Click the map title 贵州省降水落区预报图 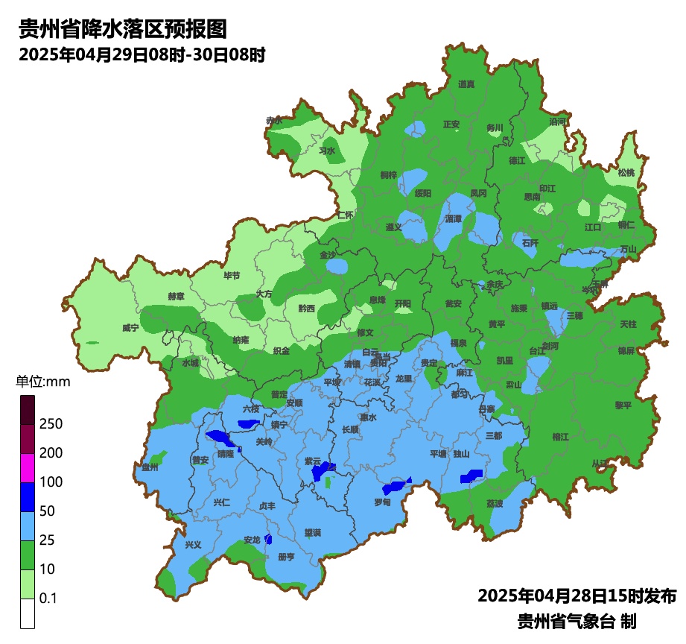pos(121,29)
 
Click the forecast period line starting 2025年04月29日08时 pos(142,54)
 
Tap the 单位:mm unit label pos(42,382)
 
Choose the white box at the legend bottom pos(28,613)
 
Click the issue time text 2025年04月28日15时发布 pos(577,596)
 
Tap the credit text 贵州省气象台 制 pos(577,621)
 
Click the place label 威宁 pos(130,328)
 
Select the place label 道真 pos(466,84)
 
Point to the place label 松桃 pos(626,173)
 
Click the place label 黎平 pos(623,405)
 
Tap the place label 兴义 pos(193,545)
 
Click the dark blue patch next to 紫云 pos(322,471)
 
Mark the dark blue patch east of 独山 pos(471,475)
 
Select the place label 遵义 pos(393,227)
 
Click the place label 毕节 pos(232,276)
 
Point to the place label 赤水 pos(274,120)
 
